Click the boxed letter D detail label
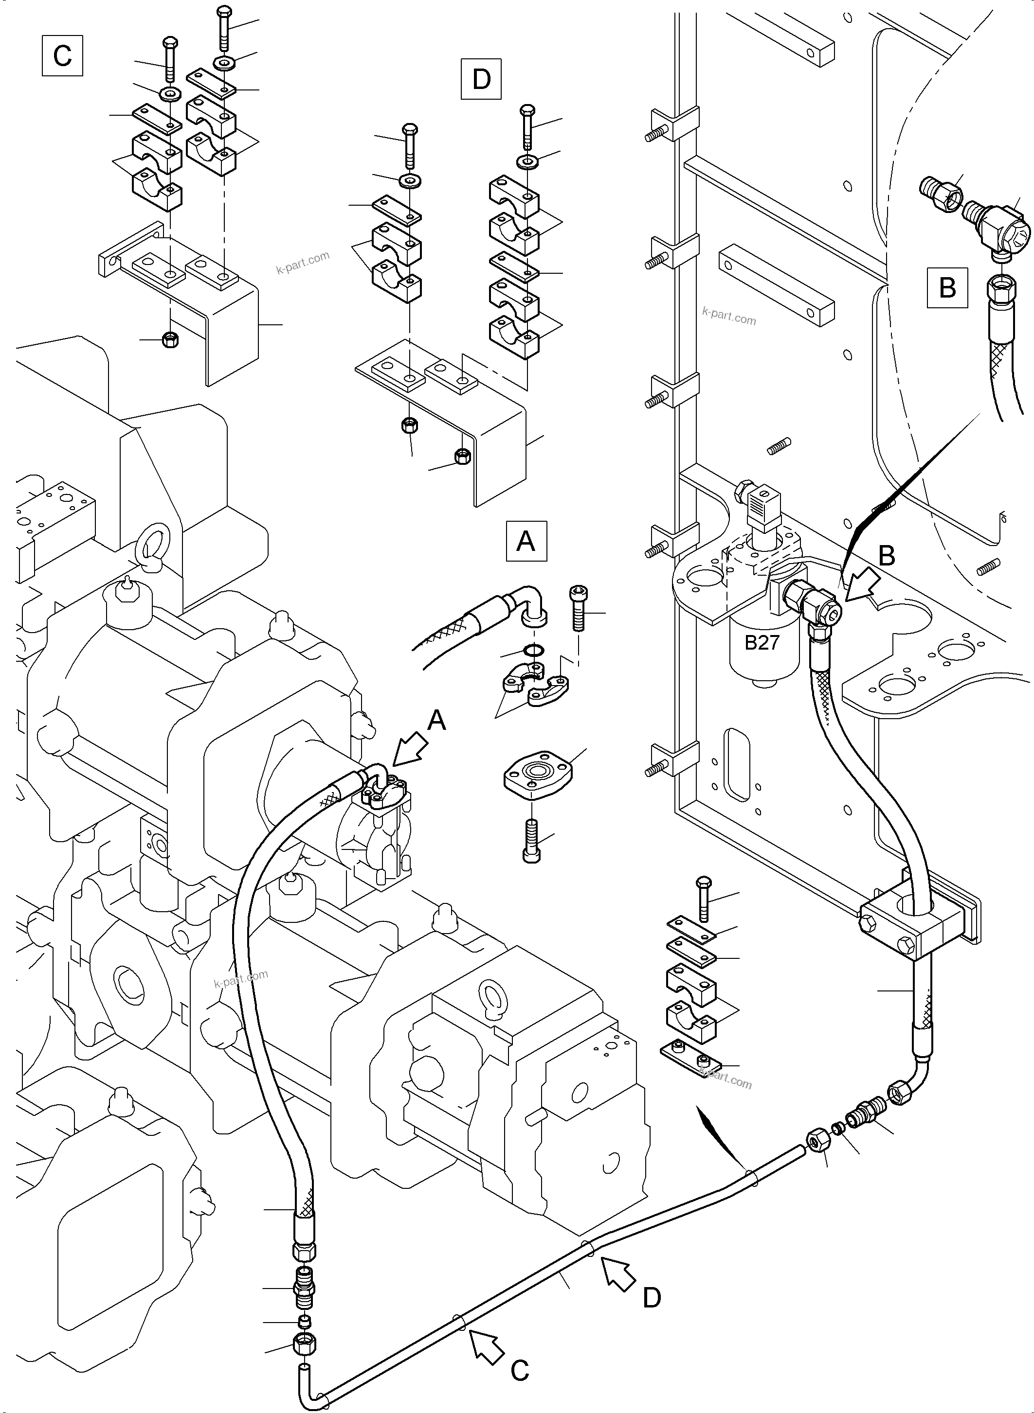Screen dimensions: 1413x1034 click(481, 79)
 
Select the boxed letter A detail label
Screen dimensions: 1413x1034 click(526, 540)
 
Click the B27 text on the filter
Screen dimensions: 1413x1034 click(762, 642)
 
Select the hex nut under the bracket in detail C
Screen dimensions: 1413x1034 click(170, 340)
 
